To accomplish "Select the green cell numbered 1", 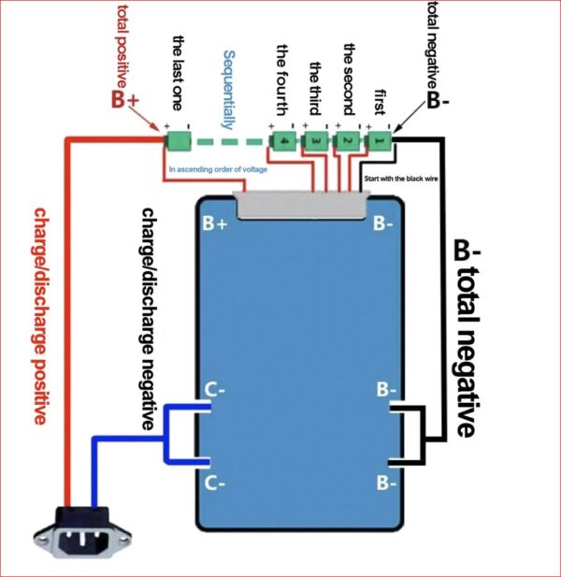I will click(380, 140).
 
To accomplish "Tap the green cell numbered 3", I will click(317, 140).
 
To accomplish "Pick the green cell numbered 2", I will click(348, 140).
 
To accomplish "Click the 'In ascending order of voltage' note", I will click(218, 169).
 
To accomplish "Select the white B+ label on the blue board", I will click(216, 224).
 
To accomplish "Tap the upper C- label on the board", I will click(215, 389).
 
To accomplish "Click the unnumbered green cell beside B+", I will click(178, 141).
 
